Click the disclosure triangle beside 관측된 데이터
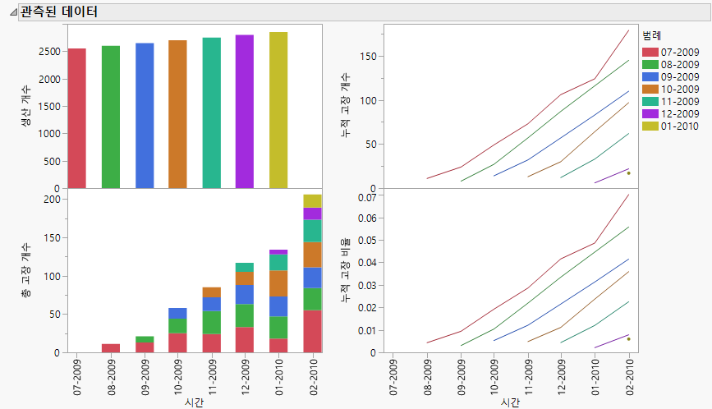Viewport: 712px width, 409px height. (x=12, y=12)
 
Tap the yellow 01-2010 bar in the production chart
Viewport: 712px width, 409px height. (x=278, y=110)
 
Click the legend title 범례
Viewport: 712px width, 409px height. (x=652, y=37)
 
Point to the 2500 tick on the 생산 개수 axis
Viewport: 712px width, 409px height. (x=48, y=51)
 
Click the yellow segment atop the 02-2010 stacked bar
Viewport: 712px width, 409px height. (x=312, y=201)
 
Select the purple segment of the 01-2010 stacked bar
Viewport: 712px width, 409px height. (x=278, y=252)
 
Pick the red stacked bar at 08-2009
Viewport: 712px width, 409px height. (x=110, y=348)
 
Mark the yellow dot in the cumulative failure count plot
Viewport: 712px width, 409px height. (x=628, y=172)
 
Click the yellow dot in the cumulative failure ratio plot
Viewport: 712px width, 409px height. (x=628, y=338)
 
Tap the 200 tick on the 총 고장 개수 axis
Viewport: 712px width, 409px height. (x=52, y=199)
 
